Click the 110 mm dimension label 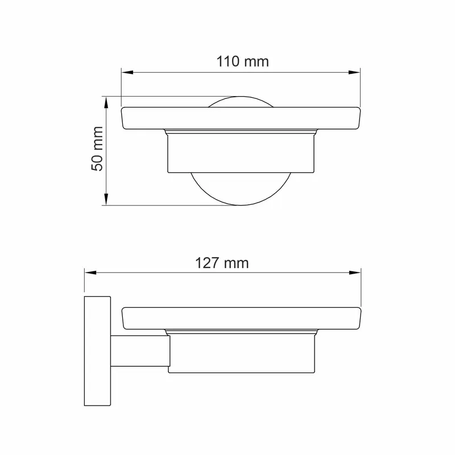tap(243, 62)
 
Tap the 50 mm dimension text tap(97, 148)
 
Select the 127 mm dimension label tap(222, 263)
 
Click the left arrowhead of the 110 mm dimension tap(127, 72)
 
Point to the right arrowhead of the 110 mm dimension tap(354, 72)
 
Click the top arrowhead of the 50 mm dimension tap(106, 102)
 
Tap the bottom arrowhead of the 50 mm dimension tap(106, 200)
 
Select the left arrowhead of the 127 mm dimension tap(90, 273)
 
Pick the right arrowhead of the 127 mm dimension tap(355, 273)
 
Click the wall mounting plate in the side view tap(97, 351)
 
